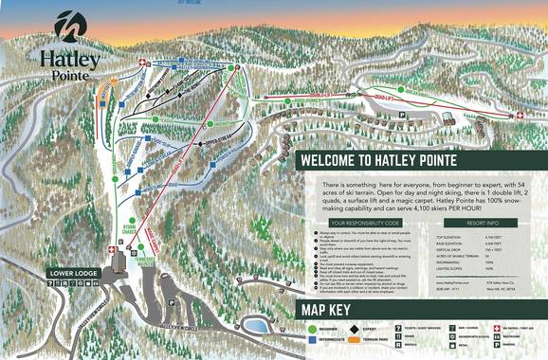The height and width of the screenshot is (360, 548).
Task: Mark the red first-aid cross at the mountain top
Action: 143,63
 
